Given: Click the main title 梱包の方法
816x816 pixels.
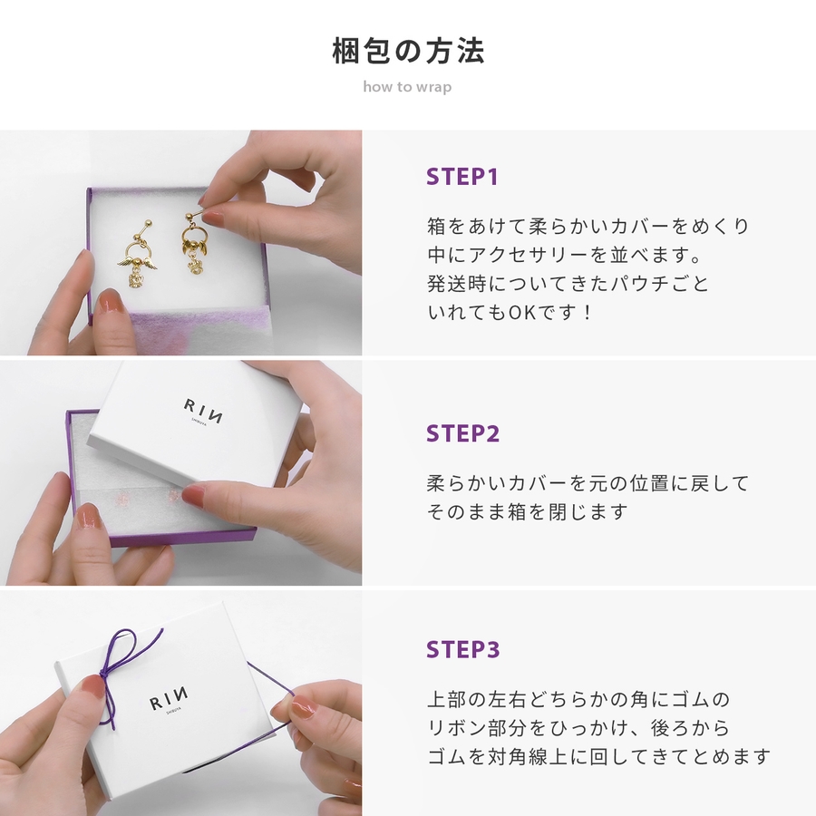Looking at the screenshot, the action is [x=408, y=51].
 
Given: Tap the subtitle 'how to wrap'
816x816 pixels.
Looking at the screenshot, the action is [x=407, y=86].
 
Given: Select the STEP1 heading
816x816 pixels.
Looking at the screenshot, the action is [x=462, y=177].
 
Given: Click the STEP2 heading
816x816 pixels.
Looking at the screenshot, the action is [x=462, y=433].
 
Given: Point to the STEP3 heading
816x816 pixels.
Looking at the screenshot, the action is [x=462, y=649].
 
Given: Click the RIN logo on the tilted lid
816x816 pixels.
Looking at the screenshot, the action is [x=203, y=411].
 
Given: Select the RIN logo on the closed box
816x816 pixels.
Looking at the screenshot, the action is [x=168, y=701].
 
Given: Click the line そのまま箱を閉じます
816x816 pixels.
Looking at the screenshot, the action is [x=528, y=512].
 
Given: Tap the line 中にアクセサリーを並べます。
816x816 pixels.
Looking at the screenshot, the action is [x=565, y=255].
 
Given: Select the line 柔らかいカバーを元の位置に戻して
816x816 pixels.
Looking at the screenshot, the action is [x=588, y=483].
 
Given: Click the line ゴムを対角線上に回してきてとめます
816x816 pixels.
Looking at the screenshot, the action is [x=598, y=756].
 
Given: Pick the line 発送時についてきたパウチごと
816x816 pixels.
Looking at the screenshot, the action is [x=568, y=284].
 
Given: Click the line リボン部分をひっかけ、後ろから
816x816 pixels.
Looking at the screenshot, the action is [x=578, y=727].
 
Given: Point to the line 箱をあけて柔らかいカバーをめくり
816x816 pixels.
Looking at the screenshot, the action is [x=588, y=227].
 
